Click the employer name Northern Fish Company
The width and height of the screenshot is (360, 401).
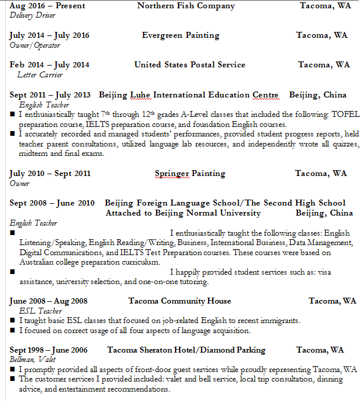(x=186, y=6)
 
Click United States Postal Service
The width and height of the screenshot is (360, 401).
(x=189, y=65)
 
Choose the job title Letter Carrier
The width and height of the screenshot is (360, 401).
(x=40, y=75)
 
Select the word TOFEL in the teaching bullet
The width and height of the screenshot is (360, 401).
(x=333, y=114)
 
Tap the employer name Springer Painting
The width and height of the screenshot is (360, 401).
(x=190, y=174)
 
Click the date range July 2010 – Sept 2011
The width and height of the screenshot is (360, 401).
(x=50, y=174)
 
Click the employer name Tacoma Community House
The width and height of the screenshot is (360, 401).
(x=180, y=301)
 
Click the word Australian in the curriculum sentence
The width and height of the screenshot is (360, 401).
(x=39, y=262)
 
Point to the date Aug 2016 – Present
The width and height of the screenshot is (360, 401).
(x=47, y=6)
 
